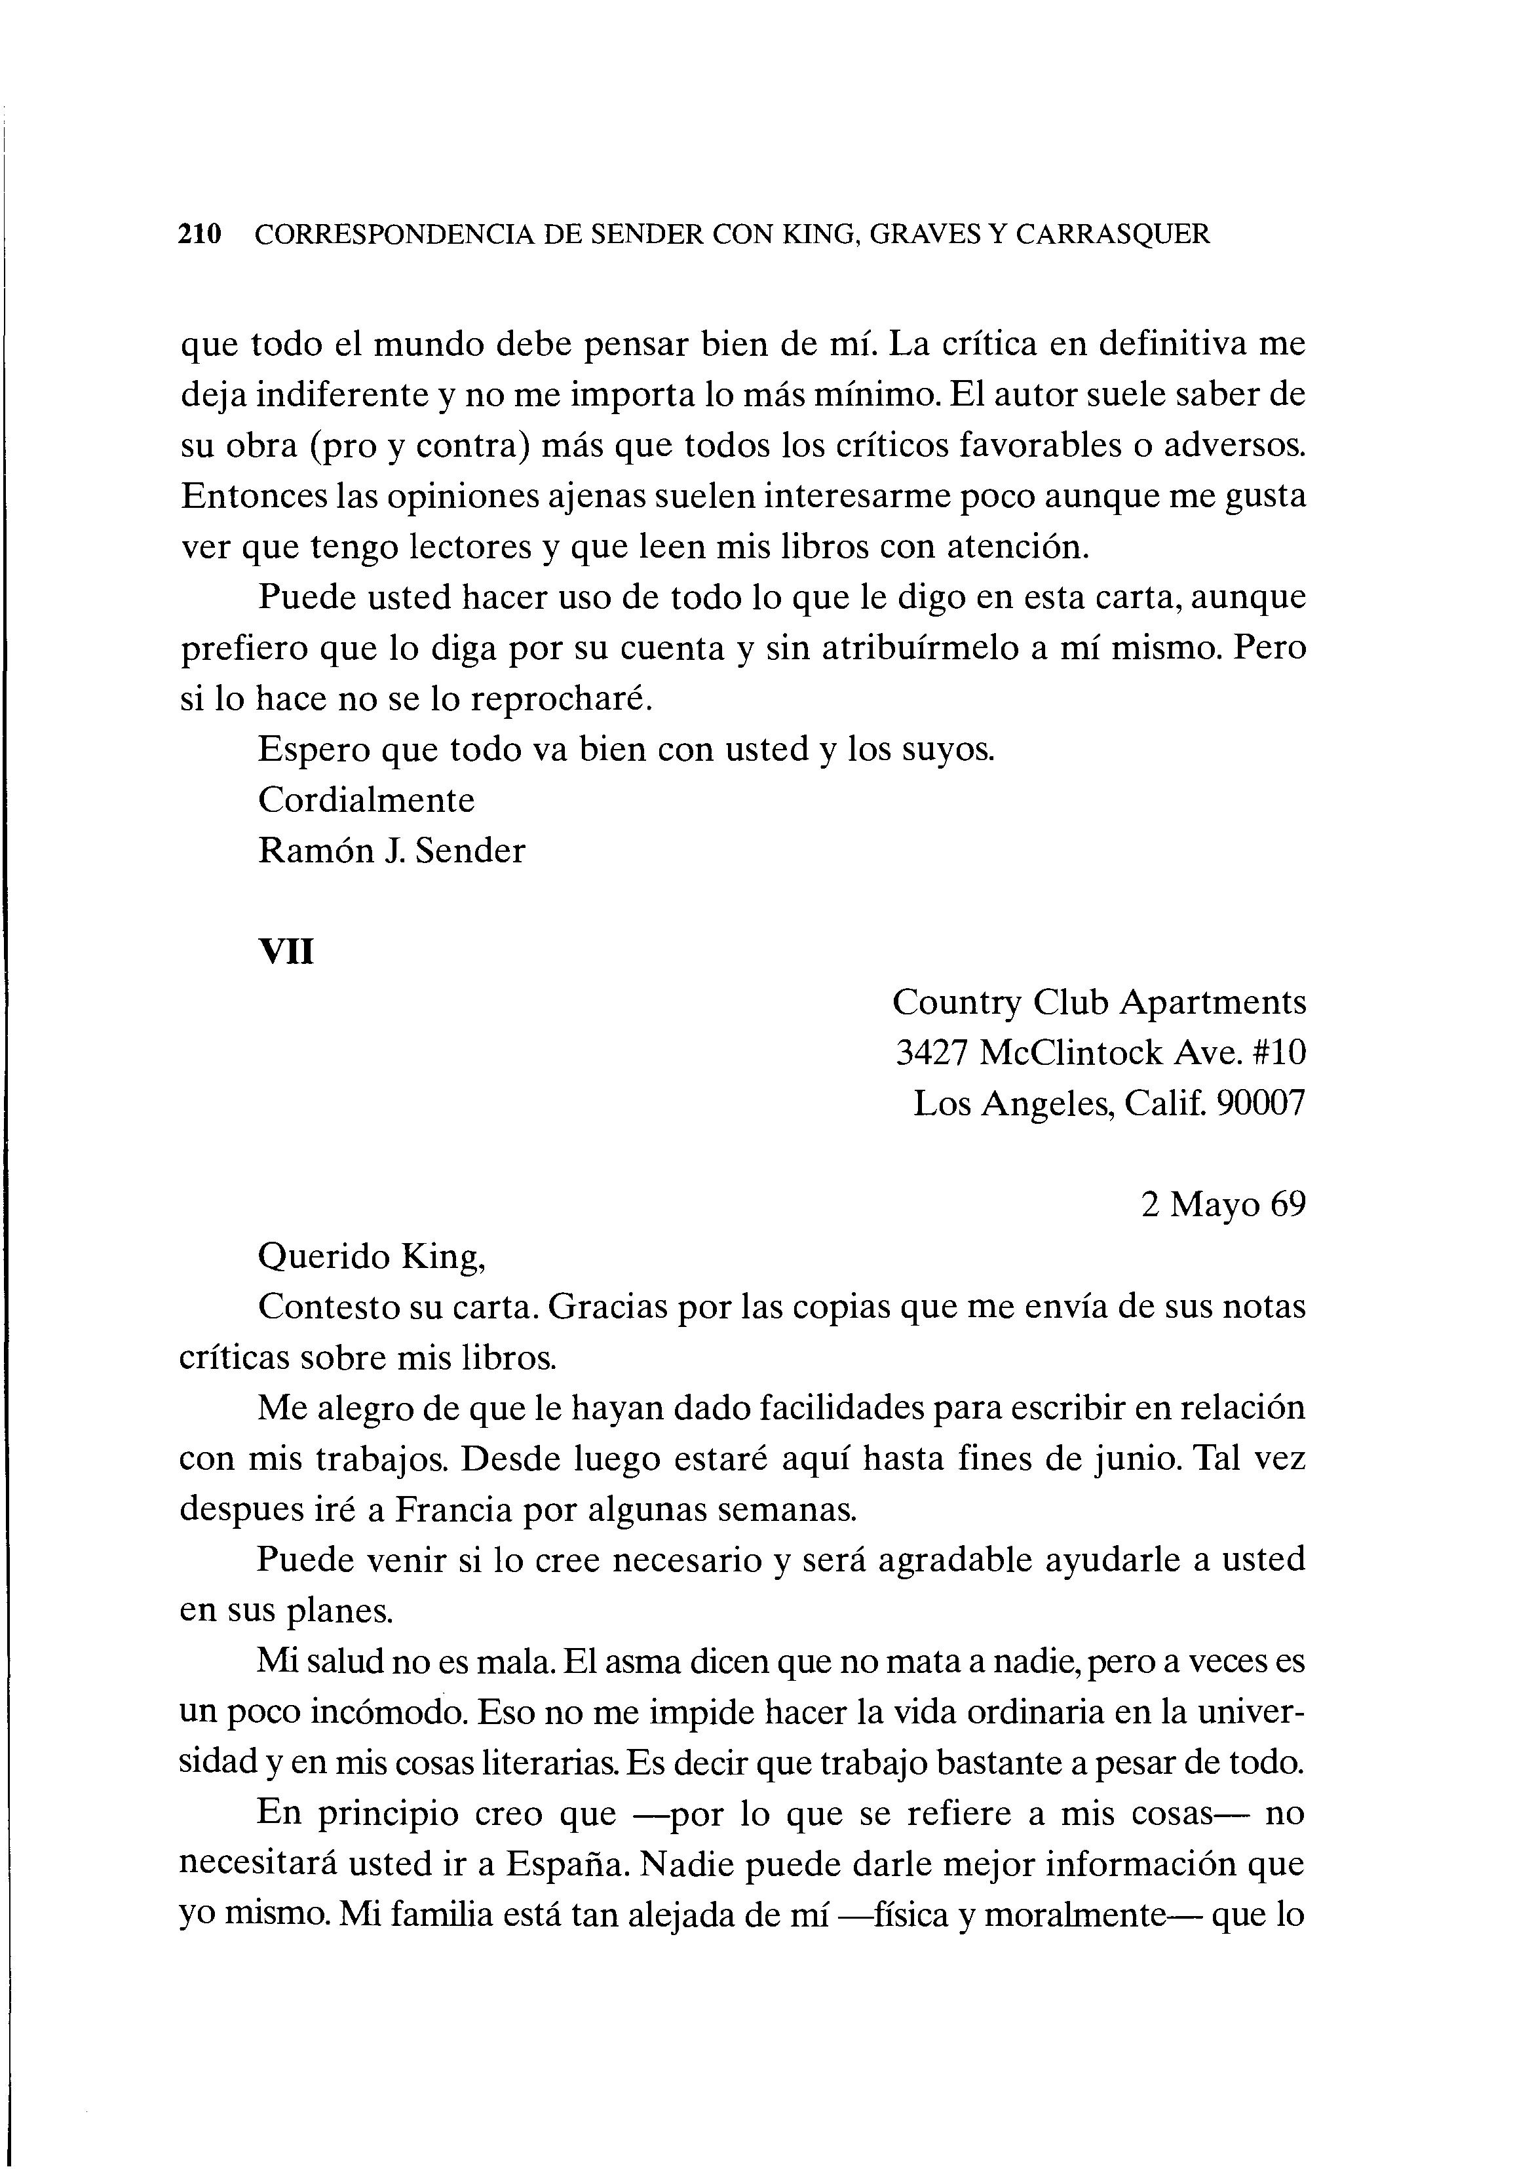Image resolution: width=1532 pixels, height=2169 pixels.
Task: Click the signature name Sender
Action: pos(469,851)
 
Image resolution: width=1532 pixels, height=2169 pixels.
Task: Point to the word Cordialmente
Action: pos(366,800)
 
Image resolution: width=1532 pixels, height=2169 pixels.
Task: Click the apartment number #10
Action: pos(1276,1052)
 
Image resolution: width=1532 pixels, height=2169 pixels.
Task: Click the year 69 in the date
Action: pos(1288,1206)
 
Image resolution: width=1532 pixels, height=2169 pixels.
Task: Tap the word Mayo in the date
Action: pos(1216,1206)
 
